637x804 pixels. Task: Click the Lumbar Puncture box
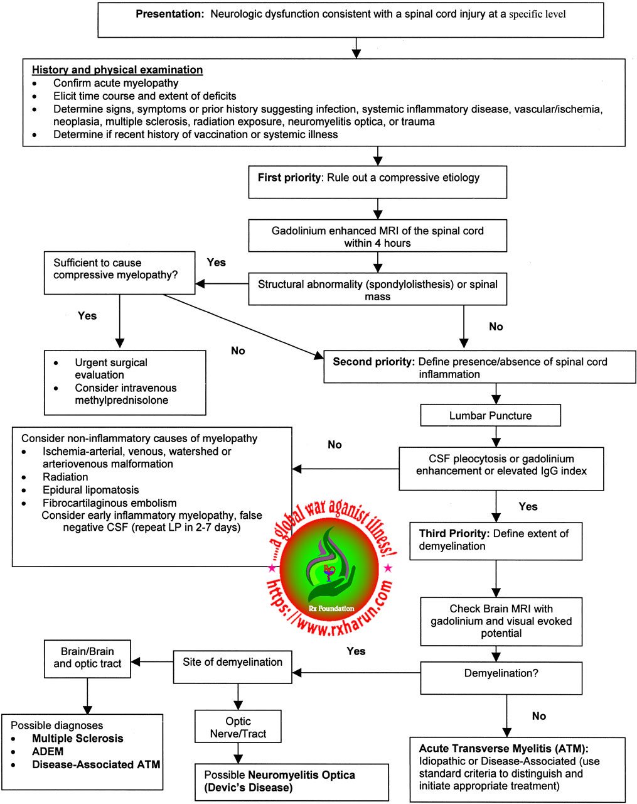click(490, 416)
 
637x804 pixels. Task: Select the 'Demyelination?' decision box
click(501, 674)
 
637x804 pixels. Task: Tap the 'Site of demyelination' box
click(232, 663)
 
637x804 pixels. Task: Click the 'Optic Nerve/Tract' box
click(238, 727)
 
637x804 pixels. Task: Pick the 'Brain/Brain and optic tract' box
click(87, 658)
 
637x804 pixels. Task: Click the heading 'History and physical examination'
click(117, 70)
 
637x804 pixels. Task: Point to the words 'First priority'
click(289, 178)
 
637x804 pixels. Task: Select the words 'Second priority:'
click(373, 362)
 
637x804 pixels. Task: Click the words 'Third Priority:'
click(454, 533)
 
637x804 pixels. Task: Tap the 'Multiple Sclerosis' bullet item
click(78, 739)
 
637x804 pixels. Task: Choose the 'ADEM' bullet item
click(48, 752)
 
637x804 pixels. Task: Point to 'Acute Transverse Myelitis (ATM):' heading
click(504, 749)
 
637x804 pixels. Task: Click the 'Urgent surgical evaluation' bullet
click(111, 369)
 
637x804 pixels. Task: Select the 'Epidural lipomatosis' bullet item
click(90, 490)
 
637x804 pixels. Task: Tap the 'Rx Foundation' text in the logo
click(331, 609)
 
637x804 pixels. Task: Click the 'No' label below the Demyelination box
click(538, 716)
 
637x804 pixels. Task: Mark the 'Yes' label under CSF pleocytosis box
click(528, 506)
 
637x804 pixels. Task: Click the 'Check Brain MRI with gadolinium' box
click(501, 621)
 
